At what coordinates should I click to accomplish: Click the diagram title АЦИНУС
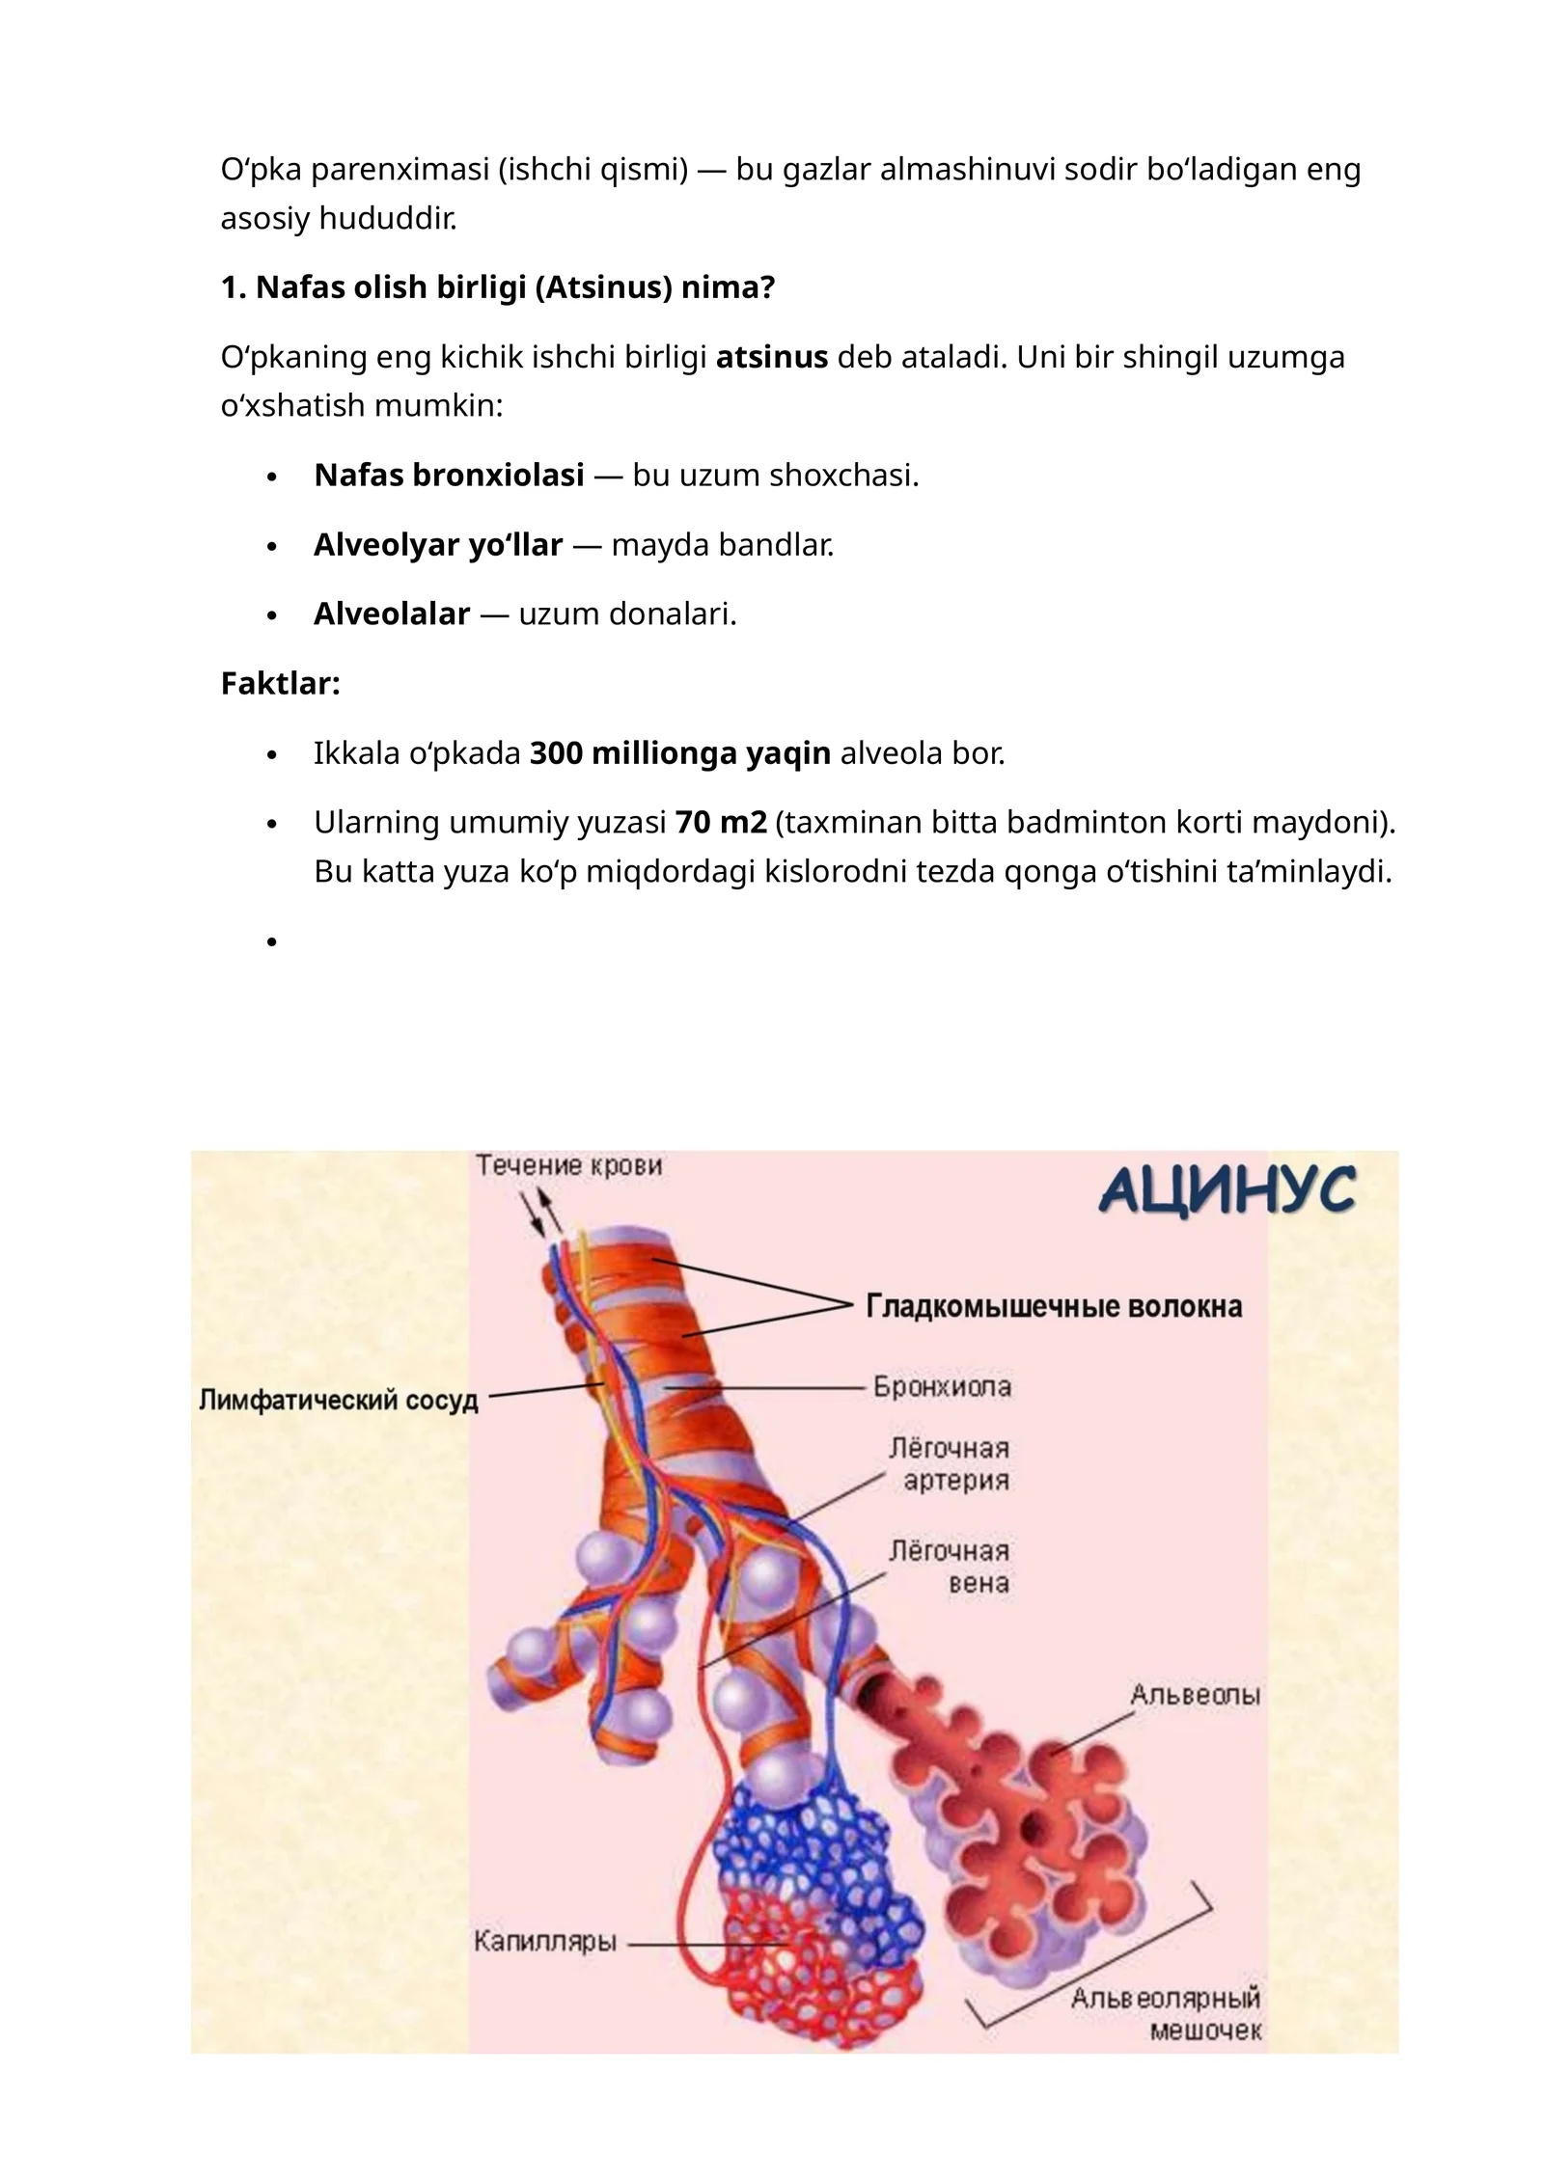click(x=1227, y=1190)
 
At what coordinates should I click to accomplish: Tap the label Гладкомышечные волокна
click(x=1054, y=1306)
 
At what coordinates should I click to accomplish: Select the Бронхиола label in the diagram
click(x=942, y=1386)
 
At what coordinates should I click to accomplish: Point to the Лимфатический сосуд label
click(x=339, y=1400)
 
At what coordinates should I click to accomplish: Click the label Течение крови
click(x=569, y=1165)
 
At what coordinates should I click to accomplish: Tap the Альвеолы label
click(x=1195, y=1695)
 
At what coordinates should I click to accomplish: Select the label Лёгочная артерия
click(x=950, y=1464)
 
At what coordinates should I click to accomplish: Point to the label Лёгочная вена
click(x=950, y=1568)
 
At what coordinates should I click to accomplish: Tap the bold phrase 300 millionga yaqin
click(x=680, y=752)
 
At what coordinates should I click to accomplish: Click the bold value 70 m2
click(x=721, y=822)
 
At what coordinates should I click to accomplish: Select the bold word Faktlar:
click(x=281, y=683)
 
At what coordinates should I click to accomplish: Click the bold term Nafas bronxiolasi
click(x=449, y=475)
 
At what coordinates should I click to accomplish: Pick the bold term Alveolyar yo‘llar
click(x=438, y=544)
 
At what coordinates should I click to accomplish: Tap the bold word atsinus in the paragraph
click(x=772, y=357)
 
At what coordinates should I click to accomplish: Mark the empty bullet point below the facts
click(x=272, y=941)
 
